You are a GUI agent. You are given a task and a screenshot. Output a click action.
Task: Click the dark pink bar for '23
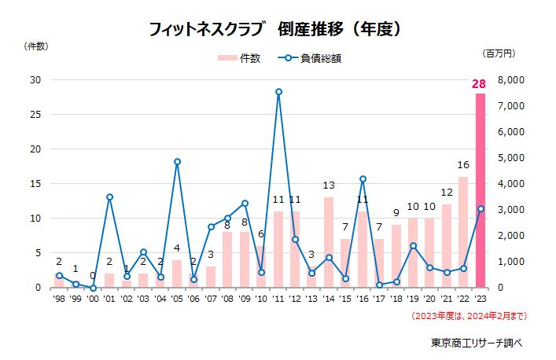(x=480, y=190)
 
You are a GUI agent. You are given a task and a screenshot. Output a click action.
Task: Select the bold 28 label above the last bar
(x=480, y=84)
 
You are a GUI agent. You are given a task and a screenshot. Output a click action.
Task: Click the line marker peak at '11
(x=278, y=92)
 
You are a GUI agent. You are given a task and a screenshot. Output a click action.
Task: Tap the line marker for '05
(x=177, y=162)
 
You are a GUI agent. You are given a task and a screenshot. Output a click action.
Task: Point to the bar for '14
(x=329, y=242)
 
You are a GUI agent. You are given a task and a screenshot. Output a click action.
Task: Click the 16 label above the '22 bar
(x=463, y=166)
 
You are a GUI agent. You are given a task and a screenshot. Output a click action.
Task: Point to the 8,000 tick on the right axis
(x=510, y=79)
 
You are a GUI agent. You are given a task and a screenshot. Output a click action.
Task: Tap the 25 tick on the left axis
(x=35, y=114)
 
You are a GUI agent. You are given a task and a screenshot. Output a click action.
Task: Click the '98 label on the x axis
(x=59, y=299)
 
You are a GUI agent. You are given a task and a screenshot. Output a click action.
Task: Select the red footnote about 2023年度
(x=469, y=316)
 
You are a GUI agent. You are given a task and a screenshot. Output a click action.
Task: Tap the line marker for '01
(x=109, y=197)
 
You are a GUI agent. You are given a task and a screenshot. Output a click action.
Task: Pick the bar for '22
(x=463, y=232)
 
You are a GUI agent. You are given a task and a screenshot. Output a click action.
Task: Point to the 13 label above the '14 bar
(x=329, y=186)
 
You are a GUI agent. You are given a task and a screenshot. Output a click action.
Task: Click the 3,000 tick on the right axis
(x=510, y=209)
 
